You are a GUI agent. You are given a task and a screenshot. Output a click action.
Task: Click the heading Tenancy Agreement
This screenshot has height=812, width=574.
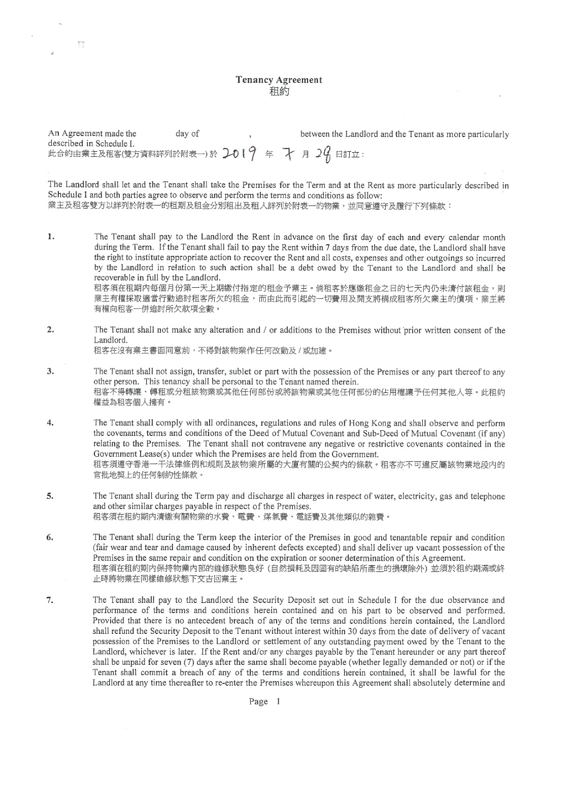(279, 80)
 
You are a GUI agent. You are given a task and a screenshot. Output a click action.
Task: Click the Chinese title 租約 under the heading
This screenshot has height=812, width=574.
(279, 91)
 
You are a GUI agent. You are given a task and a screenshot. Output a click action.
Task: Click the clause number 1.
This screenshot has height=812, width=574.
(50, 236)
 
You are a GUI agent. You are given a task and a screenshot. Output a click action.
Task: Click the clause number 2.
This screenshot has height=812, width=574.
(50, 330)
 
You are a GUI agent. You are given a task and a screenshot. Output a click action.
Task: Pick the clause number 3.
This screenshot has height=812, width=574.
(50, 371)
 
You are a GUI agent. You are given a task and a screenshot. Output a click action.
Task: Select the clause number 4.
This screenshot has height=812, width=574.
(50, 423)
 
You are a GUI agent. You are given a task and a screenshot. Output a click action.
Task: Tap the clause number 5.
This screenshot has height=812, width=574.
(50, 496)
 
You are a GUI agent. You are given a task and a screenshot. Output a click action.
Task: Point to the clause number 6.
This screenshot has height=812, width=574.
(50, 537)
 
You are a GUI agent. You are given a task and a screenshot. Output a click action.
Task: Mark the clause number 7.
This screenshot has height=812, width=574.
(50, 600)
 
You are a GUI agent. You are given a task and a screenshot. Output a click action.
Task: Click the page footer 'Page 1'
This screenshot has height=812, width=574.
(264, 701)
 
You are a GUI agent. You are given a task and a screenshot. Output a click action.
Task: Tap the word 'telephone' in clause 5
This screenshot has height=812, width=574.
(488, 496)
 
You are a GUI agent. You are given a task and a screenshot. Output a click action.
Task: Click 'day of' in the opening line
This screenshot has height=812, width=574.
(187, 134)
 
